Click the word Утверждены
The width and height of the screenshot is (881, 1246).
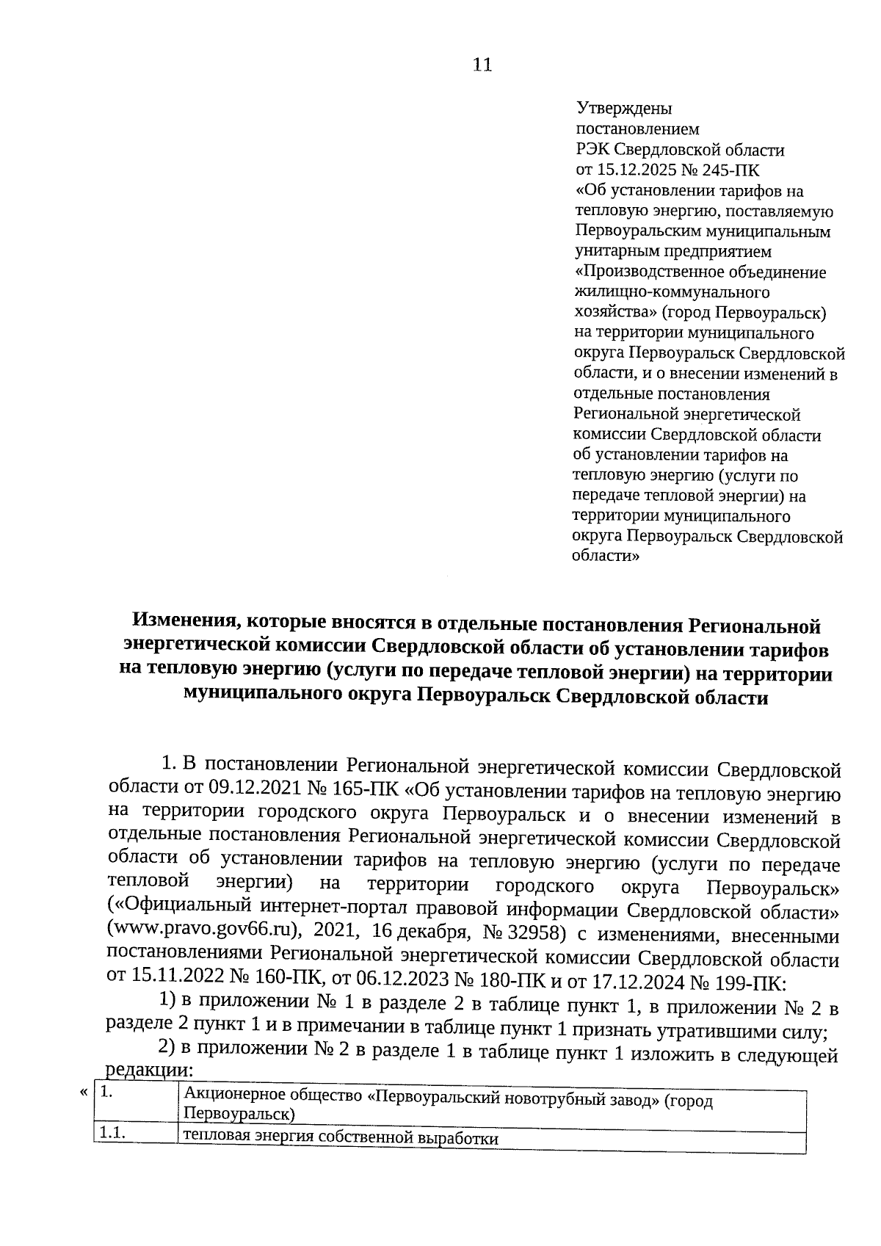(623, 109)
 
